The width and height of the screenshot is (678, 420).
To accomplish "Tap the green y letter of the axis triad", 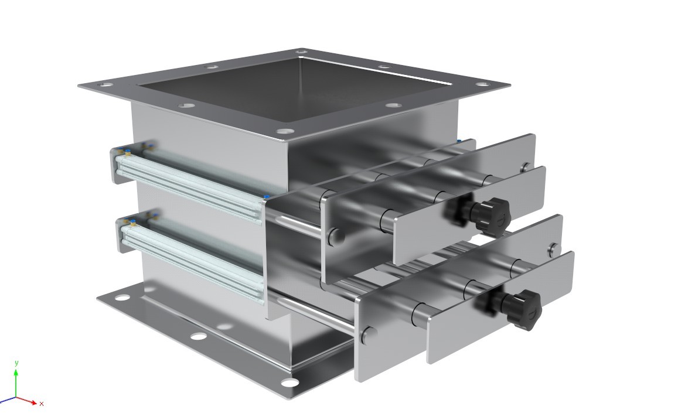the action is [x=16, y=363].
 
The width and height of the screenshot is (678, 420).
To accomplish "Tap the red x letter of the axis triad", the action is [x=42, y=404].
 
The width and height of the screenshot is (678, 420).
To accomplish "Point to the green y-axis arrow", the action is [x=16, y=383].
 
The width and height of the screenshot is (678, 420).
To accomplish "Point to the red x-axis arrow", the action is [x=26, y=401].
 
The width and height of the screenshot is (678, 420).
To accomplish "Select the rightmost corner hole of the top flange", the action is [x=483, y=85].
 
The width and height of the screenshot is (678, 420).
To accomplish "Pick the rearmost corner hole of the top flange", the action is [x=302, y=52].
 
